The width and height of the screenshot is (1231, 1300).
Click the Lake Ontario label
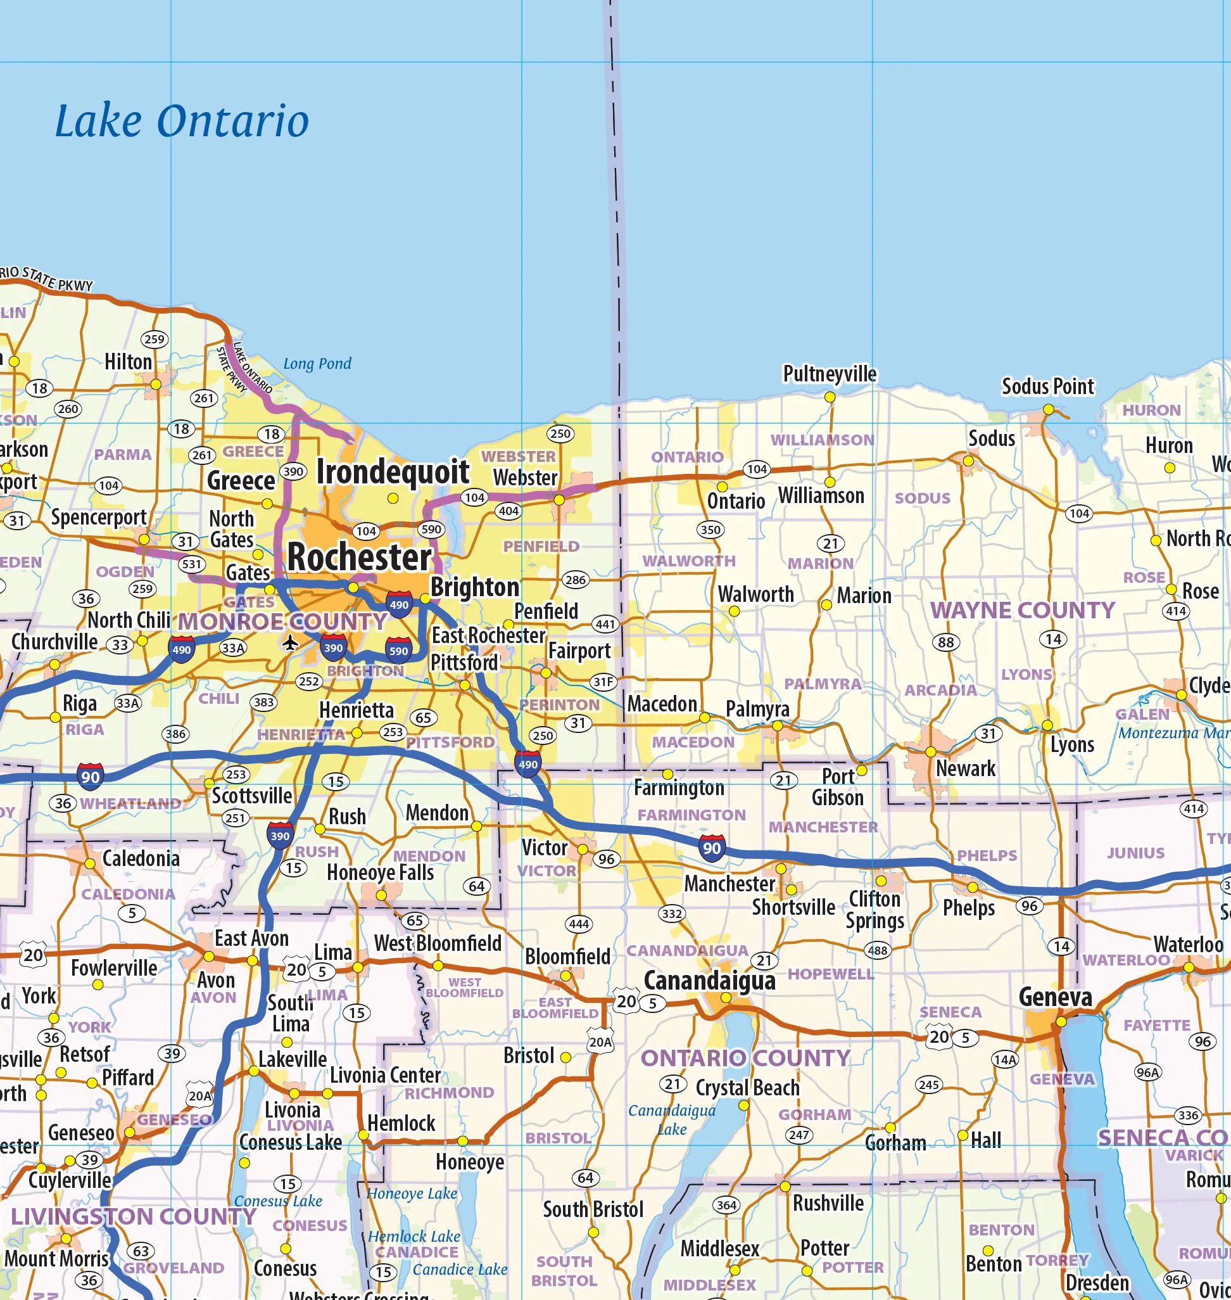pyautogui.click(x=181, y=122)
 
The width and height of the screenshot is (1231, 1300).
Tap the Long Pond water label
pyautogui.click(x=317, y=364)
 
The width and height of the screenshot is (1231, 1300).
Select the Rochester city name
pyautogui.click(x=359, y=558)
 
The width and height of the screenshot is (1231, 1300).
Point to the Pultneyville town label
pyautogui.click(x=830, y=374)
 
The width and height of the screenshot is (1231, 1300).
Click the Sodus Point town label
pyautogui.click(x=1047, y=386)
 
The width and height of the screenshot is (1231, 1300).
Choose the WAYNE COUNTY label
pyautogui.click(x=1022, y=611)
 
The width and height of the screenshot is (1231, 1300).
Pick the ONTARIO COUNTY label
pyautogui.click(x=745, y=1059)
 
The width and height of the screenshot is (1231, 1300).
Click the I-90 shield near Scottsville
pyautogui.click(x=90, y=777)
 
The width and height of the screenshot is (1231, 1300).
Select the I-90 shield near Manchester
pyautogui.click(x=712, y=848)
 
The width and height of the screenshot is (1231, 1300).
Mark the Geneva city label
pyautogui.click(x=1055, y=997)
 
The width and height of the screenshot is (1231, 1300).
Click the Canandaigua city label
pyautogui.click(x=709, y=981)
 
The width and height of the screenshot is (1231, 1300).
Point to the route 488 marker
pyautogui.click(x=876, y=950)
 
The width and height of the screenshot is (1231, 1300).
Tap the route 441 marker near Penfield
pyautogui.click(x=605, y=624)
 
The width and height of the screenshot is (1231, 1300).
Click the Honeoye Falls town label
pyautogui.click(x=381, y=872)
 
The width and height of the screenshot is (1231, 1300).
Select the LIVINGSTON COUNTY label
pyautogui.click(x=133, y=1216)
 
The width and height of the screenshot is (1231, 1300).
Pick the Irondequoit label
pyautogui.click(x=393, y=472)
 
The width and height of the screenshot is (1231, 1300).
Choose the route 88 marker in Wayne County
pyautogui.click(x=945, y=642)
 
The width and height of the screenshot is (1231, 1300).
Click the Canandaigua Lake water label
pyautogui.click(x=671, y=1120)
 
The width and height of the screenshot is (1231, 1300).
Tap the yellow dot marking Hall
pyautogui.click(x=963, y=1135)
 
